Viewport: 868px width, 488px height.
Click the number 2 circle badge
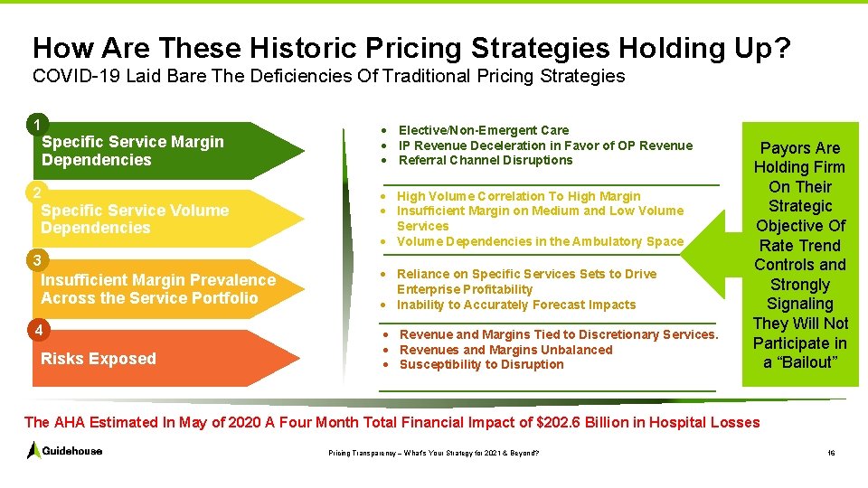pos(35,192)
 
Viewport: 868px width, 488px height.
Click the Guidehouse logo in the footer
pos(64,450)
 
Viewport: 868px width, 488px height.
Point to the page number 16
pos(831,452)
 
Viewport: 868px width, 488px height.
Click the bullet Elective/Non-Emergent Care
pos(484,130)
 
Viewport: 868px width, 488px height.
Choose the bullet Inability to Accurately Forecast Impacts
pos(516,305)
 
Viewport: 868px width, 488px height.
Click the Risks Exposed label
pos(99,359)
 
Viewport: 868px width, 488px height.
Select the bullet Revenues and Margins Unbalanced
pos(505,350)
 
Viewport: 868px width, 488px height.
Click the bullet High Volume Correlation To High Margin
pos(518,196)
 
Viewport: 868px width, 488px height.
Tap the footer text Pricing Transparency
pos(357,452)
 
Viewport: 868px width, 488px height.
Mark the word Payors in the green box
pos(783,148)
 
